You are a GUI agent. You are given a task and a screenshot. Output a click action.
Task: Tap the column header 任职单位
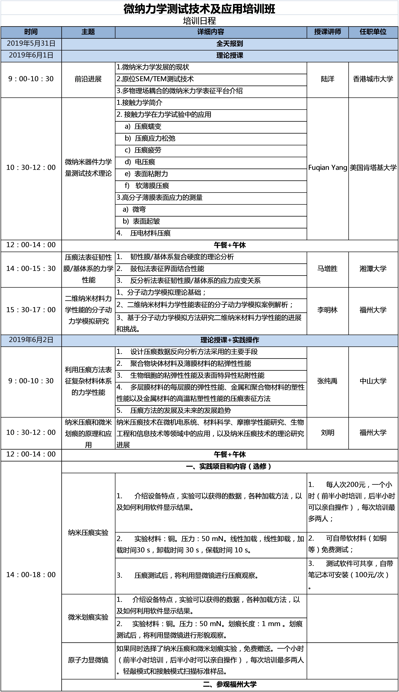click(x=373, y=32)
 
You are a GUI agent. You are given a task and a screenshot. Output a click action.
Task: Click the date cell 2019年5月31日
click(x=31, y=44)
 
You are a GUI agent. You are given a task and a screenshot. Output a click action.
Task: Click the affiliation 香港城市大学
click(x=373, y=79)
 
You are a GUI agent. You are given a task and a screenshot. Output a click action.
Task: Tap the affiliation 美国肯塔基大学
click(x=373, y=167)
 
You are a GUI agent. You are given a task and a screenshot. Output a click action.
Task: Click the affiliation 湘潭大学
click(x=373, y=269)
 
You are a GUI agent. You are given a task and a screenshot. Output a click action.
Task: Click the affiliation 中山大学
click(x=373, y=381)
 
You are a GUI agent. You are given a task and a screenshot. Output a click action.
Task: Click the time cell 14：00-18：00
click(x=31, y=575)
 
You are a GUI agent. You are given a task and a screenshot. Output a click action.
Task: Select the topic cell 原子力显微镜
click(x=88, y=660)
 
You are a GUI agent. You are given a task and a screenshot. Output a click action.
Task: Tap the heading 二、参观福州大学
click(x=230, y=684)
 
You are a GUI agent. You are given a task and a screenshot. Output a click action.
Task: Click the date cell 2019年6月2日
click(x=31, y=340)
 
